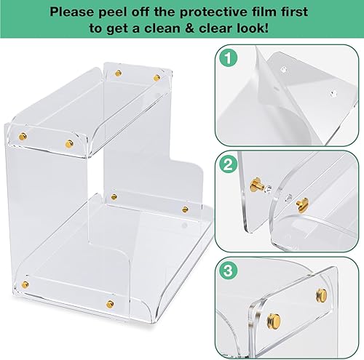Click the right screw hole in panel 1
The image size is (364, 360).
tap(334, 93)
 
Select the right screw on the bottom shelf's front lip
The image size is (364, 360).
tap(110, 303)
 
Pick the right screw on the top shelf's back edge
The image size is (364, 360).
tap(157, 76)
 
